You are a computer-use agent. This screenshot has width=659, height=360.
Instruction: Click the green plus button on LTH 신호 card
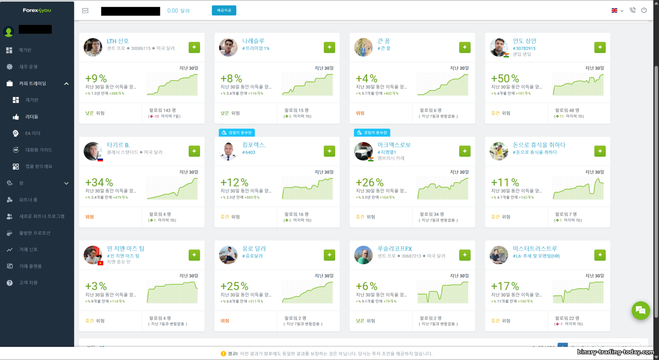(194, 47)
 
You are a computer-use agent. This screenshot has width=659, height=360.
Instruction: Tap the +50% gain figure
(505, 79)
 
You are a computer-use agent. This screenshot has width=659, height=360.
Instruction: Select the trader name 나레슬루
(253, 41)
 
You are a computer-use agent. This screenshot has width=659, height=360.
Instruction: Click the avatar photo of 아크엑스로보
(363, 151)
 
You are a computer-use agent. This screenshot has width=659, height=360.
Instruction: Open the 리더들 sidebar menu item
(32, 117)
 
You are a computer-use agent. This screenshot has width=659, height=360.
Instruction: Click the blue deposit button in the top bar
(224, 10)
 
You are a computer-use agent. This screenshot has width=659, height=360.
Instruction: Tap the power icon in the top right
(644, 10)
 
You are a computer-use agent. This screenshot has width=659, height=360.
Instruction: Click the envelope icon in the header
(85, 11)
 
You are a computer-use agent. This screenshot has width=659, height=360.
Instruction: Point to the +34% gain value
(99, 183)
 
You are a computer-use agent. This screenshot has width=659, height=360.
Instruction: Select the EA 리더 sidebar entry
(33, 133)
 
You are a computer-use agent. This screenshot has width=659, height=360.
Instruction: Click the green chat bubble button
(641, 310)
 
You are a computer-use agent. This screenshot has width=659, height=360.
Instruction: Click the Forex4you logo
(37, 10)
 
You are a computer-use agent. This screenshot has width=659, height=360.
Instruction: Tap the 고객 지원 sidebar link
(28, 283)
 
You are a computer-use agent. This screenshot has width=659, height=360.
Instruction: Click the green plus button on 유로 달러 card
(329, 255)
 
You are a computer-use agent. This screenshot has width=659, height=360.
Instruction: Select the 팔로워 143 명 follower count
(163, 110)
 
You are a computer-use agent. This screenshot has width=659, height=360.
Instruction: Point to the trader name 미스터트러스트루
(535, 248)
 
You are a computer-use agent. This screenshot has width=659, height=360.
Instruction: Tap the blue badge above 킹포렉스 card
(236, 133)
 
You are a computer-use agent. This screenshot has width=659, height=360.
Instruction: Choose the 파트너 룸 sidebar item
(28, 200)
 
